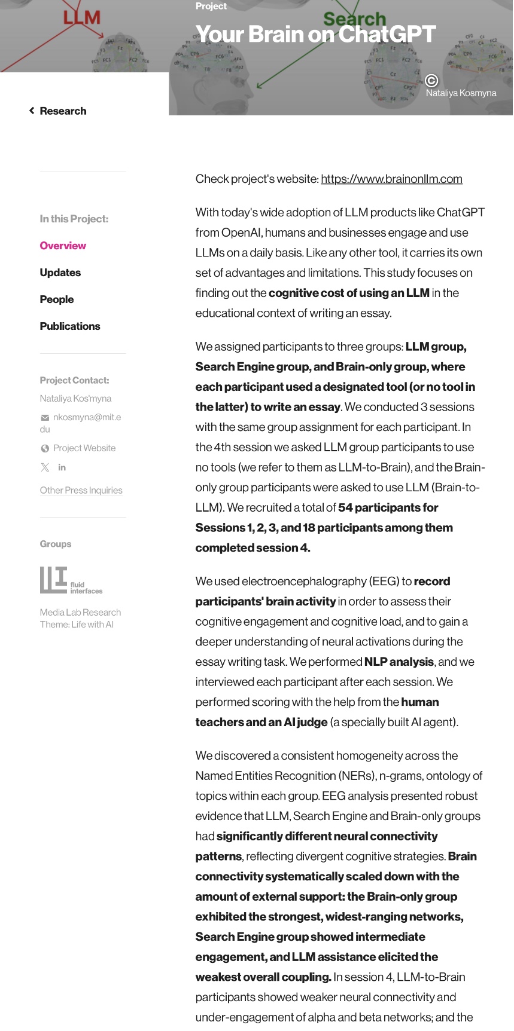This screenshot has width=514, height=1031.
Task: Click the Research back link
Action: [x=58, y=111]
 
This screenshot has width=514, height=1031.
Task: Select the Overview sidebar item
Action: [x=63, y=246]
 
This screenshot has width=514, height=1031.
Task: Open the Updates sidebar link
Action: [x=60, y=273]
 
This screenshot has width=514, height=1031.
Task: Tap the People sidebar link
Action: [x=57, y=299]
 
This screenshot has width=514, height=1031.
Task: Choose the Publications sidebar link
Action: [x=70, y=326]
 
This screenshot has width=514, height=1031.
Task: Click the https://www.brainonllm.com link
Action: [x=391, y=179]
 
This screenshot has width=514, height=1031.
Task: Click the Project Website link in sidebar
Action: [x=84, y=448]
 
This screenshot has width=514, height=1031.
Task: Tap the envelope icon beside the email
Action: [x=45, y=418]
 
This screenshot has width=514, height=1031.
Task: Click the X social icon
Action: [x=45, y=467]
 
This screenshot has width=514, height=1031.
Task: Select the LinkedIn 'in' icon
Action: [x=62, y=467]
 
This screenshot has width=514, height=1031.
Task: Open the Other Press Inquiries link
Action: [x=81, y=490]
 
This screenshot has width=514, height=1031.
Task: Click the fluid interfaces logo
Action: [x=71, y=580]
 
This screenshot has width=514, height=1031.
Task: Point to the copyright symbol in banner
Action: [x=431, y=81]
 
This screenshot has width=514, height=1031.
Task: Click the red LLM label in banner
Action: [x=82, y=18]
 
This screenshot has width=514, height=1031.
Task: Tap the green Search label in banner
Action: [x=355, y=19]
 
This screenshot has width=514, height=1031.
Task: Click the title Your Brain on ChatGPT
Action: [x=315, y=35]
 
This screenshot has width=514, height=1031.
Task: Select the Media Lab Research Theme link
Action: [x=80, y=619]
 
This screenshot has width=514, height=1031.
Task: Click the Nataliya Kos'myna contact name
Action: [x=75, y=399]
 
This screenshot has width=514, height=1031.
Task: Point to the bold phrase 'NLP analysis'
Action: [x=399, y=662]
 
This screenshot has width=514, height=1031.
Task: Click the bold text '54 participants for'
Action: [x=388, y=507]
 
